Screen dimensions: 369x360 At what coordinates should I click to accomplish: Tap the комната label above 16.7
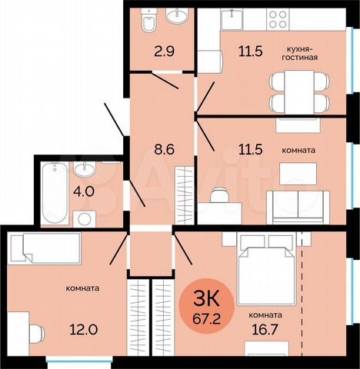(265, 314)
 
